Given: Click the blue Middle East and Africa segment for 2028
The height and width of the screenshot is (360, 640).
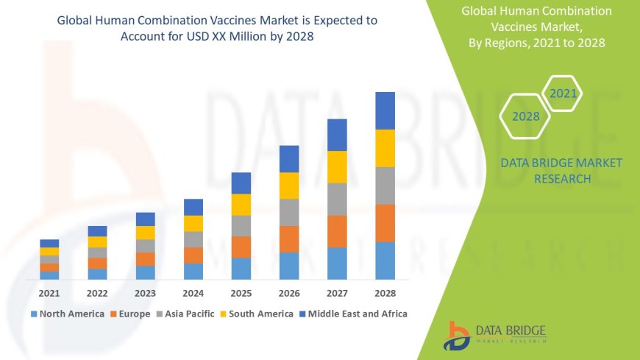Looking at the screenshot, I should point(385,110).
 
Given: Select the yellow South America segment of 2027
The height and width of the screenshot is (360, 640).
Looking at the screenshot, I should point(337,166).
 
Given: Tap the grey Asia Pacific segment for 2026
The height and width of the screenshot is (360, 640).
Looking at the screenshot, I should point(289,212).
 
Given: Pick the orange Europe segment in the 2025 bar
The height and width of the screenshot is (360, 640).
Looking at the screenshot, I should point(241,247).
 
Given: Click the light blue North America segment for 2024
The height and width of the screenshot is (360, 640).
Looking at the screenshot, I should point(193,271).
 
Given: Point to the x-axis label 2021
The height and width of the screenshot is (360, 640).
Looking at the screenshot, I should point(49,293).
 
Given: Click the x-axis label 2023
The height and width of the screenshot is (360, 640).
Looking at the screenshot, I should point(145,293).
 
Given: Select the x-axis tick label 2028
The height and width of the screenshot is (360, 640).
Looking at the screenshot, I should point(385,293).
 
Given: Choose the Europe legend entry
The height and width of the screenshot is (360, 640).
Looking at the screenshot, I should point(132,314).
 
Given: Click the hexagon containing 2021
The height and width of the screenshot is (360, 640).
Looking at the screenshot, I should point(563,93).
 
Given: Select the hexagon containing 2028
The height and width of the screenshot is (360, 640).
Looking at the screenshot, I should point(525,116).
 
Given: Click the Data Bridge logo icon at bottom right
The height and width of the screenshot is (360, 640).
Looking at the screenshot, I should point(457,336).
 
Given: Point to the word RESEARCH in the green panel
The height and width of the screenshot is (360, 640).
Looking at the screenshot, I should point(561,179).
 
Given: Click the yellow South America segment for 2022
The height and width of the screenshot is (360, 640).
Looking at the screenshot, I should point(97,241).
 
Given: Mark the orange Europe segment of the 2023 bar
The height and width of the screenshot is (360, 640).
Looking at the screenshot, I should point(145,258).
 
